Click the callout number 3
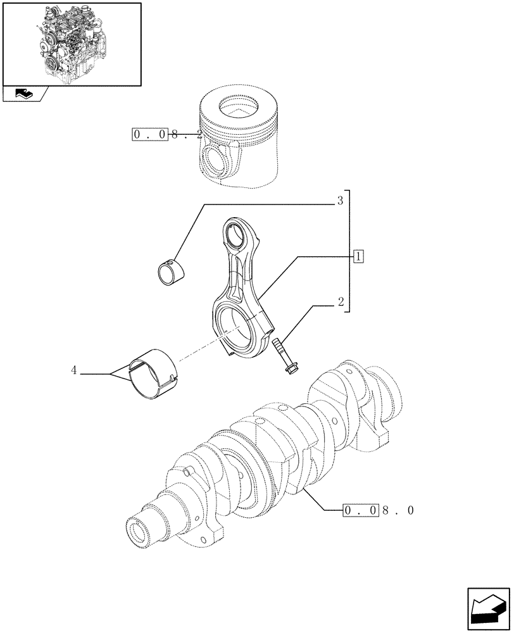point(339,202)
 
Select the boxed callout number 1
point(358,256)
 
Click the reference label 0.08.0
point(379,510)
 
